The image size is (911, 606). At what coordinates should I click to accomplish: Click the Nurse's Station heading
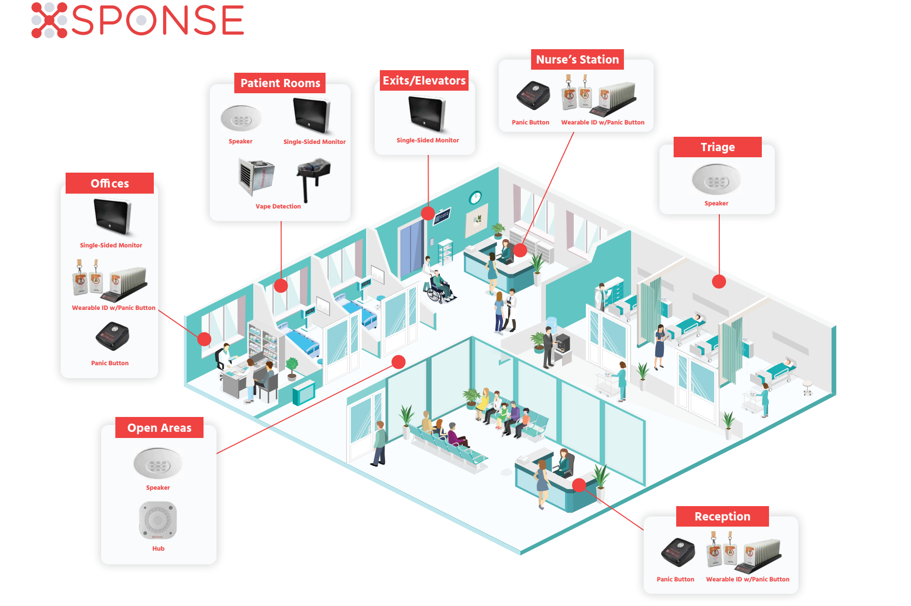(577, 59)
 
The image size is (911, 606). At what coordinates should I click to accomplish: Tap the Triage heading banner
(717, 147)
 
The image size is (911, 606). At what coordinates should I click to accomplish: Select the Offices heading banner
(110, 183)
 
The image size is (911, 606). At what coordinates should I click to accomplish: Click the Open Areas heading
(159, 428)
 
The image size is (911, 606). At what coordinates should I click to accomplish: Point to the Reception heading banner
(722, 516)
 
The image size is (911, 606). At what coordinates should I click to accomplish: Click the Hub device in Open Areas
(158, 520)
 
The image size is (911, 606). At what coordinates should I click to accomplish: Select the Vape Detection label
(278, 206)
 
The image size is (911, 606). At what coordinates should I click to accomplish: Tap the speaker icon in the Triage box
(716, 180)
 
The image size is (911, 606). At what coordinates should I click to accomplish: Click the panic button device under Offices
(112, 336)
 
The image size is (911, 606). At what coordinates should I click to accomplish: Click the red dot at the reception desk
(579, 485)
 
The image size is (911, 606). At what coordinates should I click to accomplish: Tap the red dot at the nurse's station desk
(520, 250)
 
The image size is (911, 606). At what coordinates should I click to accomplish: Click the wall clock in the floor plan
(475, 197)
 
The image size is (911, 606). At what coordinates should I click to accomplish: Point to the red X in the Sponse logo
(49, 20)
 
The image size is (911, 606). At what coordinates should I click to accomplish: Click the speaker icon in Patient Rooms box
(241, 119)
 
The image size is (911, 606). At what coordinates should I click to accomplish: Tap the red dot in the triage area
(719, 281)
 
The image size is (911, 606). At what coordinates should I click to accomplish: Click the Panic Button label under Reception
(675, 579)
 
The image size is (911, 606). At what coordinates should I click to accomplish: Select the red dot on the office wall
(204, 339)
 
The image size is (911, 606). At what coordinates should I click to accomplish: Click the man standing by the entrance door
(379, 443)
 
